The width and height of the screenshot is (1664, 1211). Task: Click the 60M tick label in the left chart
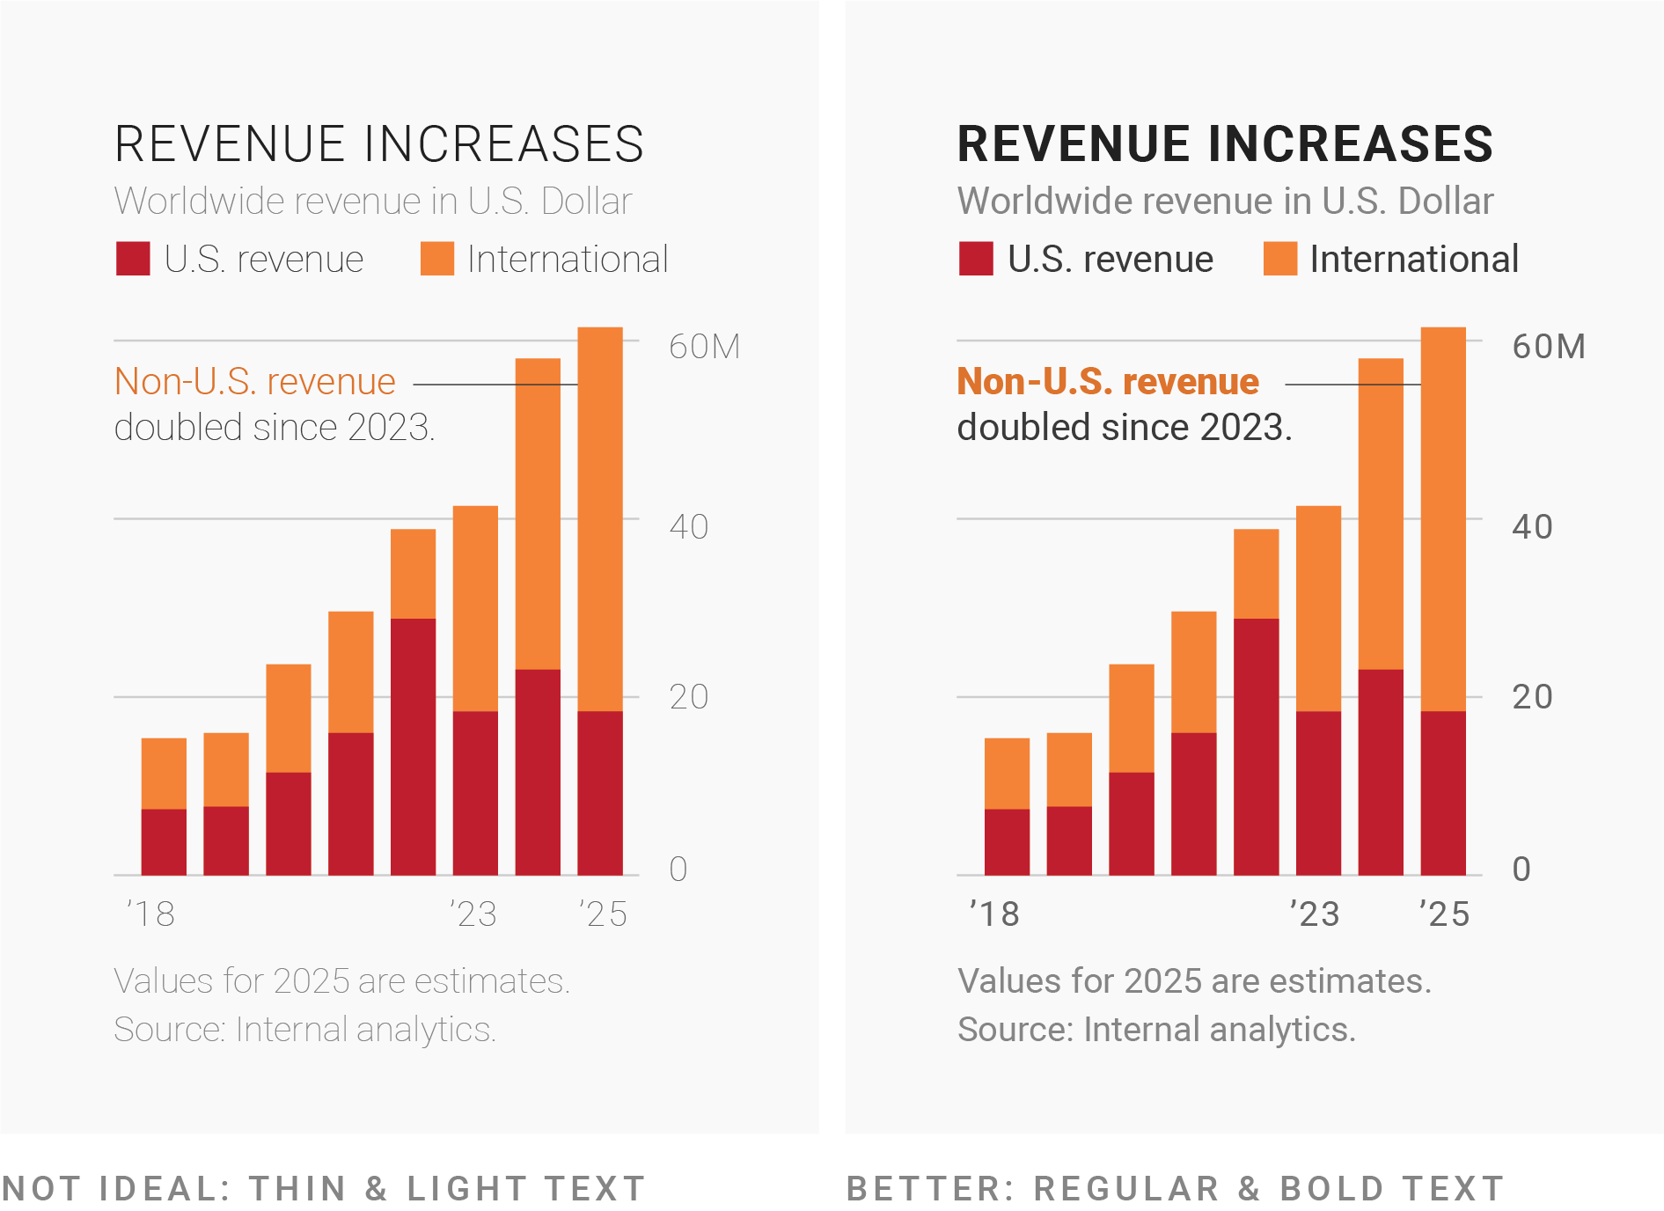[704, 347]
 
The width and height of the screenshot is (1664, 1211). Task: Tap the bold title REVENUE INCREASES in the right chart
[1224, 144]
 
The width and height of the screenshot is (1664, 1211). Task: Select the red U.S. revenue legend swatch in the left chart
[133, 260]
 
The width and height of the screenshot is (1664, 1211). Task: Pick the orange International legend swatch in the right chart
[1279, 260]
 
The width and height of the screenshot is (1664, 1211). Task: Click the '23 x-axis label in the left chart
[473, 914]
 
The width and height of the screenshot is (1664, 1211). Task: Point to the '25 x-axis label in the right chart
[1444, 914]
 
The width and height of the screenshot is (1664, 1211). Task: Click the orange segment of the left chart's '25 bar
[600, 519]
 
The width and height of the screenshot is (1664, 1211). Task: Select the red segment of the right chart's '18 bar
[1007, 841]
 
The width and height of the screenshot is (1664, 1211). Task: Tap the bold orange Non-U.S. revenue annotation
[1108, 382]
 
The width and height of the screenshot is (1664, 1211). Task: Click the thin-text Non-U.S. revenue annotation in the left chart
[255, 382]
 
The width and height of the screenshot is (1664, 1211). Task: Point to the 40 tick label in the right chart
[1532, 527]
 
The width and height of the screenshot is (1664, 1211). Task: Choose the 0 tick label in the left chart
[678, 870]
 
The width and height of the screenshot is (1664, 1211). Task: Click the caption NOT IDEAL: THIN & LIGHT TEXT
[324, 1188]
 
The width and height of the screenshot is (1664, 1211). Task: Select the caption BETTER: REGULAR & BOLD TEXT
[1175, 1188]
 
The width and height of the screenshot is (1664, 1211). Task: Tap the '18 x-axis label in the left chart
[151, 914]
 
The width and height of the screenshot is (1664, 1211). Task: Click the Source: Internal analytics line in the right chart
[1156, 1030]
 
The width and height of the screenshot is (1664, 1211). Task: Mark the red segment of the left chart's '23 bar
[475, 792]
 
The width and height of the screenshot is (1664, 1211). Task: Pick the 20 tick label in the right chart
[1532, 697]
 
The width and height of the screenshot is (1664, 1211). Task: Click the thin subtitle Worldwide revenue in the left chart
[373, 202]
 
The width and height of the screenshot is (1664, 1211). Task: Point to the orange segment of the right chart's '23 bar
[1318, 607]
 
